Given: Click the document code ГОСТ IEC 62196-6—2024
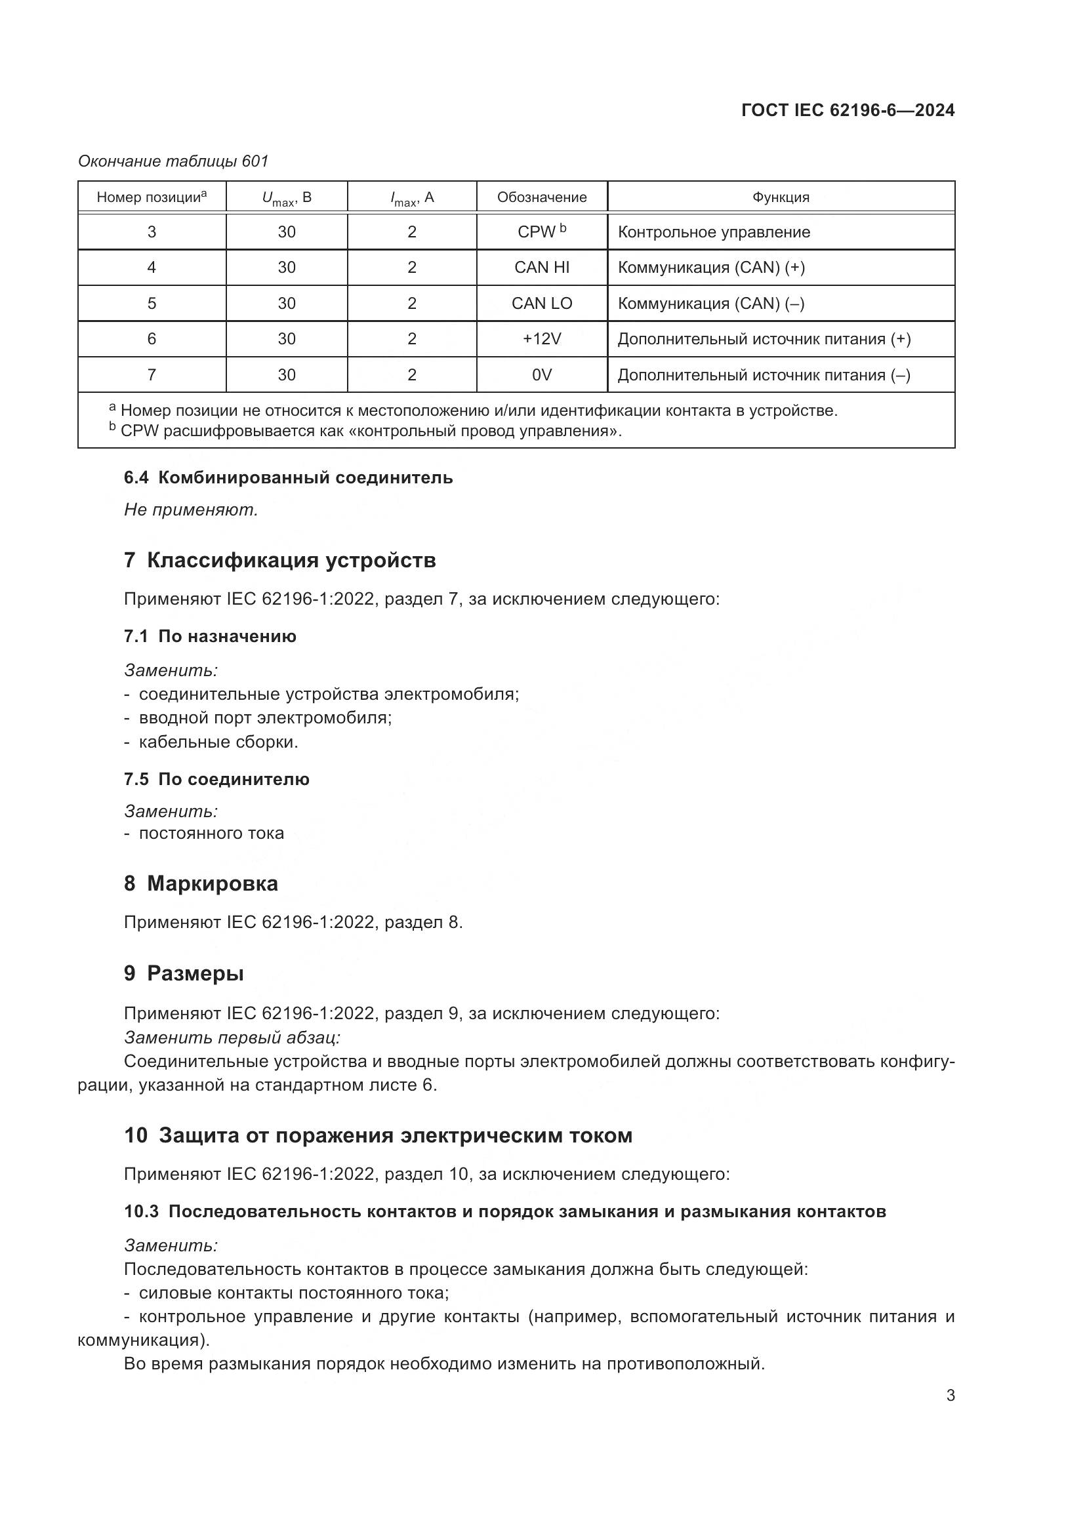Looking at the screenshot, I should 847,110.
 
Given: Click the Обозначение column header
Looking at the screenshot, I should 541,197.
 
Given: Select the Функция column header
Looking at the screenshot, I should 781,197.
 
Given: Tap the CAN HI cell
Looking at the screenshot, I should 541,267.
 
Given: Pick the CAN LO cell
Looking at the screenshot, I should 541,304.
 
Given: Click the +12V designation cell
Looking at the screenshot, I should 541,338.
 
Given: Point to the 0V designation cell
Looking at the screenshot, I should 541,375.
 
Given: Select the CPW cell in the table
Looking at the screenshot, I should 541,231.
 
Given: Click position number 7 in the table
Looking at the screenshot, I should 152,375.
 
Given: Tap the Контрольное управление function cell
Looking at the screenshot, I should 714,232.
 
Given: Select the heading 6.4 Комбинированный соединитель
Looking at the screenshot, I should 288,477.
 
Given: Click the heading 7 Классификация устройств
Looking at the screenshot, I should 279,560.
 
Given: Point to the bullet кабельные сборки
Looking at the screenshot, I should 218,742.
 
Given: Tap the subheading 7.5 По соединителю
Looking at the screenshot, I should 216,779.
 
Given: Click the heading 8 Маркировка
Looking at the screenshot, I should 201,883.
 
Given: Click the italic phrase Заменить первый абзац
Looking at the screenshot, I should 232,1038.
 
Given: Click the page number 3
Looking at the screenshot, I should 950,1396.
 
